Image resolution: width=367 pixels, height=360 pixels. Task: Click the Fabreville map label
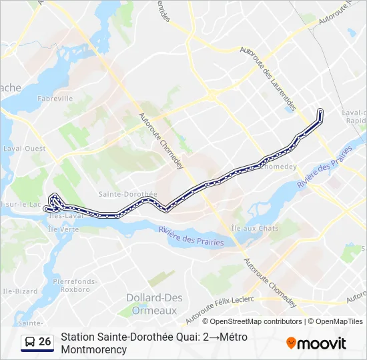(55, 98)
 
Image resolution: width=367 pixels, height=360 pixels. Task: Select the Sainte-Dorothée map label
(127, 194)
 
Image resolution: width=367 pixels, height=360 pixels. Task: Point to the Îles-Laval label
(64, 216)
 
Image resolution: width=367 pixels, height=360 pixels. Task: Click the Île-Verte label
(63, 229)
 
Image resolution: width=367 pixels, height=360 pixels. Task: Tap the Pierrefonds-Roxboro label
(75, 285)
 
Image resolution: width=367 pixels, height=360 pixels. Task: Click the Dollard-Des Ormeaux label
(151, 304)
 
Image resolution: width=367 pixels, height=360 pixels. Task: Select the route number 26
(45, 342)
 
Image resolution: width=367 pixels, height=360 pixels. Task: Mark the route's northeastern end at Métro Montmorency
(321, 111)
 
